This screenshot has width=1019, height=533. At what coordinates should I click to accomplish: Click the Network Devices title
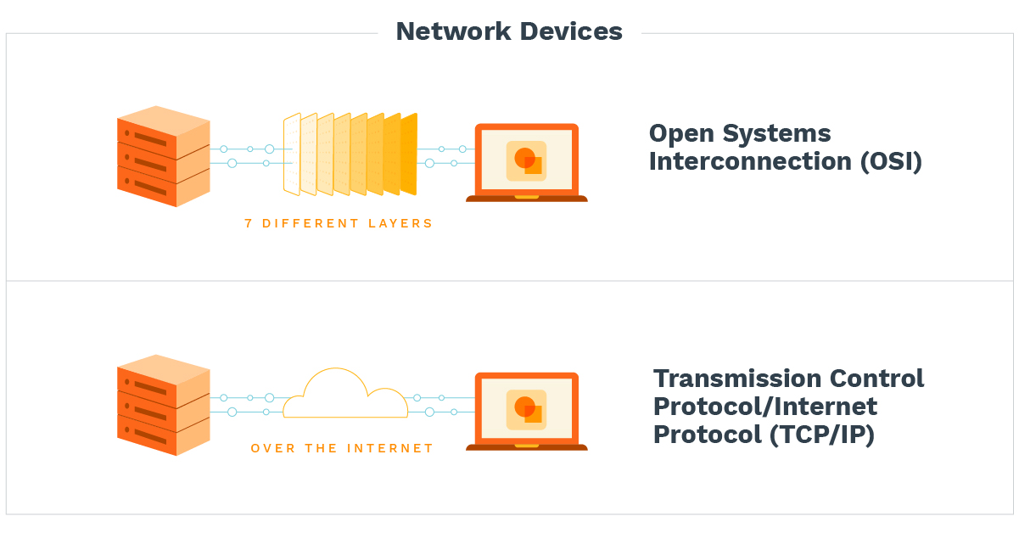(509, 31)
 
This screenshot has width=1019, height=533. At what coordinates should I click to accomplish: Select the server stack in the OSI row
(163, 156)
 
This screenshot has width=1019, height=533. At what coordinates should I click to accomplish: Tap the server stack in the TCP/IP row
(163, 405)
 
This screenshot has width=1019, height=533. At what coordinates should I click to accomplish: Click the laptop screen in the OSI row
(526, 160)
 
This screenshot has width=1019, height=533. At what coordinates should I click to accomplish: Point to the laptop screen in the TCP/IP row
(526, 409)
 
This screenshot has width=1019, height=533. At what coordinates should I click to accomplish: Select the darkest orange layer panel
(409, 154)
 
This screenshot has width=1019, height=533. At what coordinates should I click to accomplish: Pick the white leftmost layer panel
(292, 154)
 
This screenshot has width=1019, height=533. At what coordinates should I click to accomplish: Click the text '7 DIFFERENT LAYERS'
(339, 224)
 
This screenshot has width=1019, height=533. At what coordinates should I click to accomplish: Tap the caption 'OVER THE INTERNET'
(342, 448)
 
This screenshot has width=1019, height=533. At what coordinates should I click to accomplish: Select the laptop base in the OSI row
(526, 199)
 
